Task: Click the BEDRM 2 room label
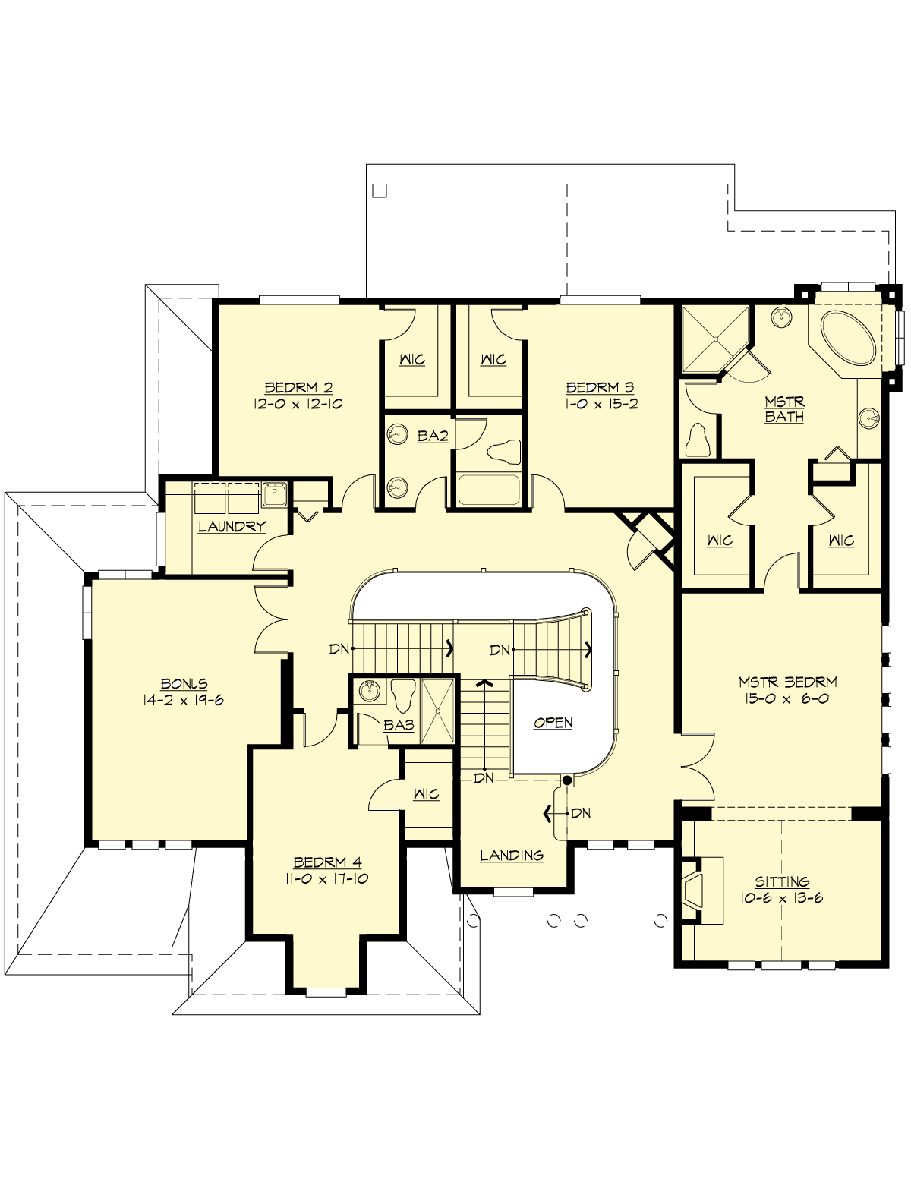point(298,387)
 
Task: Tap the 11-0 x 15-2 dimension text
point(599,404)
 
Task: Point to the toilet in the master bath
point(698,438)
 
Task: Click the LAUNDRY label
point(232,526)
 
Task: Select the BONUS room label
point(184,683)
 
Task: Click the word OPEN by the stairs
point(553,723)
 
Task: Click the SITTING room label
point(782,881)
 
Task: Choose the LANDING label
point(512,855)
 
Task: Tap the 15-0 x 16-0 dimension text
point(786,698)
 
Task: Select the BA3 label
point(399,725)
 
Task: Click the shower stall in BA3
point(438,710)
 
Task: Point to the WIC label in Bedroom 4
point(426,794)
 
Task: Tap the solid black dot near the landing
point(566,780)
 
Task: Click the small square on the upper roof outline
point(380,191)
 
